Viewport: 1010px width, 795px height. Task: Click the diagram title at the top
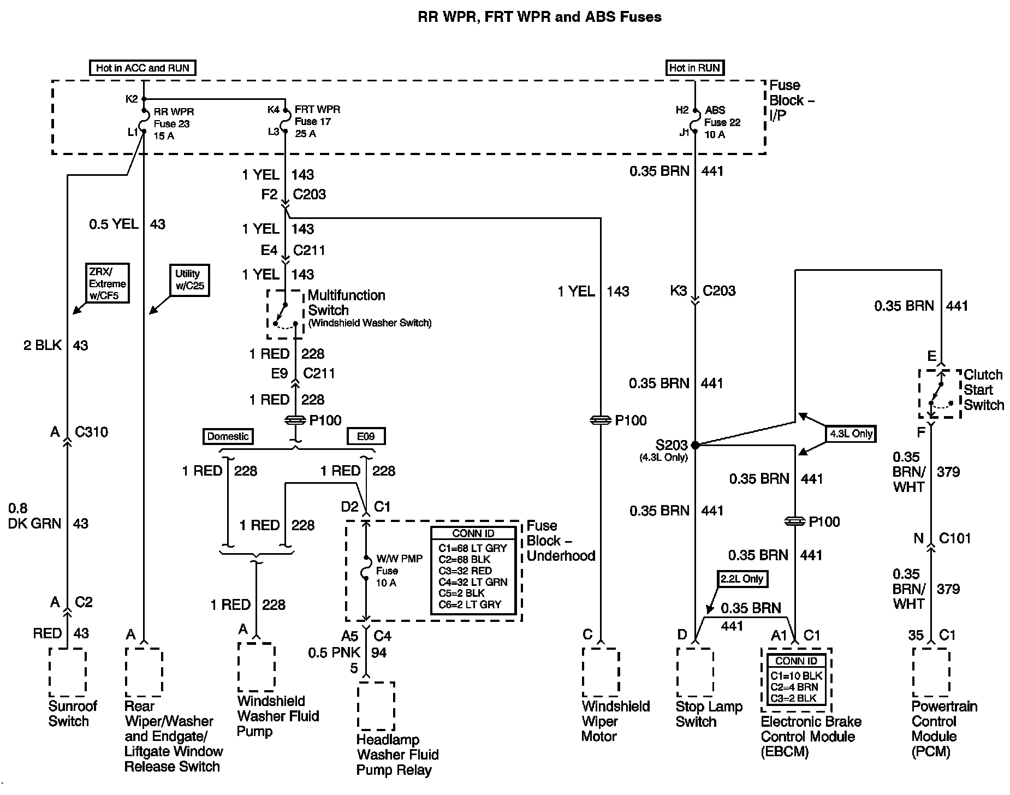tap(539, 17)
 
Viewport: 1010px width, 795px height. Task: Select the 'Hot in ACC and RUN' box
tap(142, 68)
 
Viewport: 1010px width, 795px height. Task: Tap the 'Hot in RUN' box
tap(694, 68)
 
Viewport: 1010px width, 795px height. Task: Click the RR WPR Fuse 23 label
tap(172, 123)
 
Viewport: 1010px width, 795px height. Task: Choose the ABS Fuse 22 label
tap(722, 122)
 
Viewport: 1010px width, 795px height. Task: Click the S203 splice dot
tap(695, 445)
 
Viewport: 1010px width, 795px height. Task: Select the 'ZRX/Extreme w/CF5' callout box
tap(108, 283)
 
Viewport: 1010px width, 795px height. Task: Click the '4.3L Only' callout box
tap(851, 434)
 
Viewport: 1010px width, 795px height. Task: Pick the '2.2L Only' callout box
tap(742, 579)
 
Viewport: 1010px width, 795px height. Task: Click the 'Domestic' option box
tap(228, 436)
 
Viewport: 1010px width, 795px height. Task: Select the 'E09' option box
tap(366, 436)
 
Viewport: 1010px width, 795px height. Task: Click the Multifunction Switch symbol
tap(284, 315)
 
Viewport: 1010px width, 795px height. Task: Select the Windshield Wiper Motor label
tap(615, 721)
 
